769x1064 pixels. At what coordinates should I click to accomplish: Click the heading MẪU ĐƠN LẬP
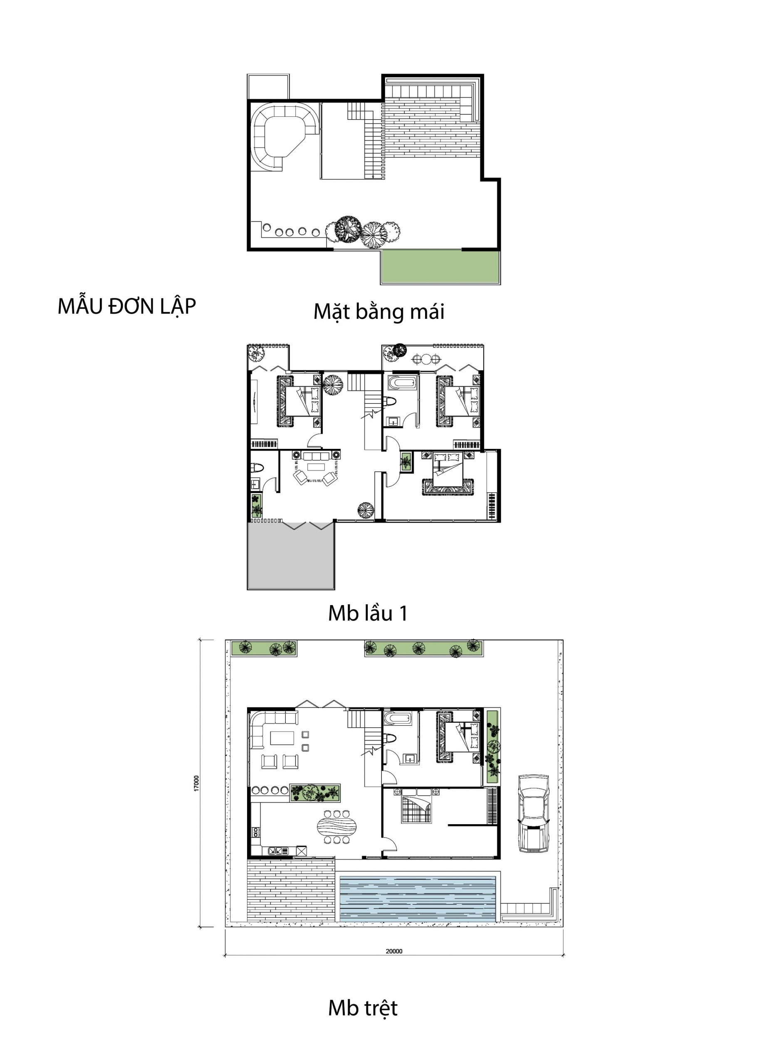[x=126, y=307]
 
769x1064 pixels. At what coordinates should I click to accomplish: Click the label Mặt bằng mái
[x=378, y=312]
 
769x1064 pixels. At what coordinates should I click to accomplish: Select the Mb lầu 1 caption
[x=368, y=613]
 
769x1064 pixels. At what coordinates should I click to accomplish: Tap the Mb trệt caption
[x=363, y=1008]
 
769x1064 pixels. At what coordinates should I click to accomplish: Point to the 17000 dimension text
[x=197, y=783]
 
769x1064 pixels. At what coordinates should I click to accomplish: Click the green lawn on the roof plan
[x=440, y=266]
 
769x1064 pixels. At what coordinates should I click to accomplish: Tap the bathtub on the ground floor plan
[x=397, y=718]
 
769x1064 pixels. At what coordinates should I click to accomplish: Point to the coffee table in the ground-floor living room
[x=282, y=738]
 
